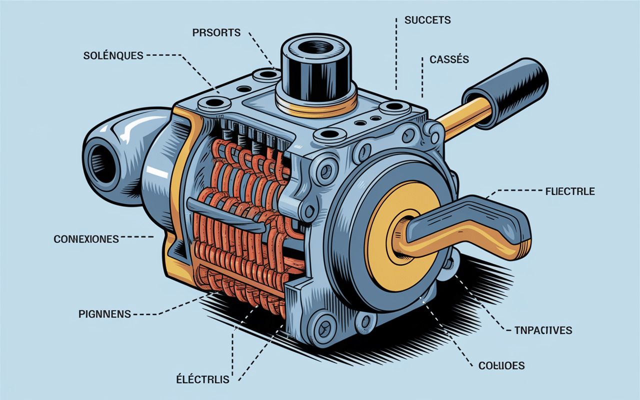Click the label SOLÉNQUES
pos(113,55)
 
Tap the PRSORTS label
pos(216,33)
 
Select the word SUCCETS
pos(427,20)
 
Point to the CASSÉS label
pos(449,59)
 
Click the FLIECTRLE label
pos(570,191)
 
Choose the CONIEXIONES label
pos(86,239)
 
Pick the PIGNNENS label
pos(104,314)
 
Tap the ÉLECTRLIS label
pos(202,379)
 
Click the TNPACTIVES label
pos(543,330)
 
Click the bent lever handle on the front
pos(470,227)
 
